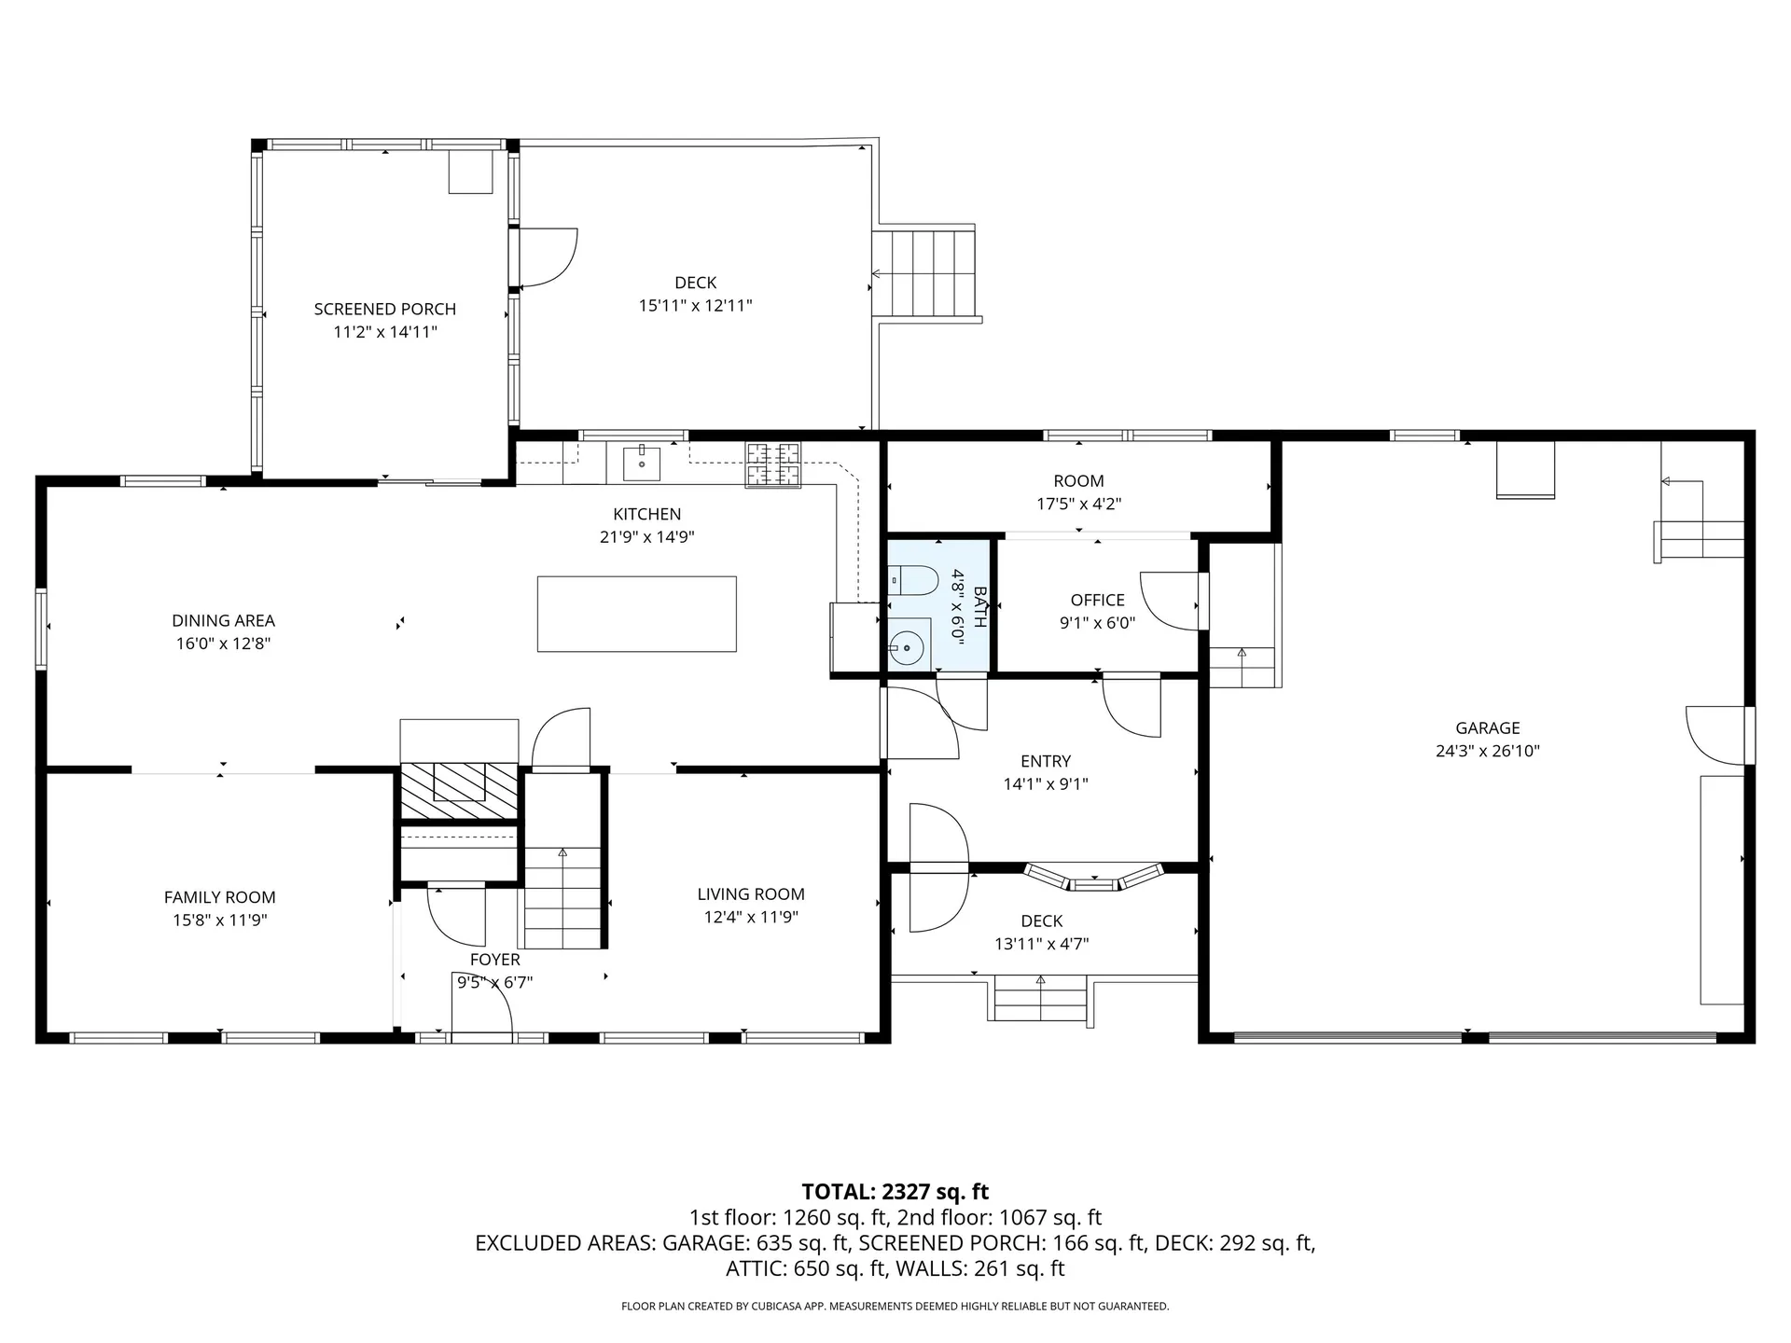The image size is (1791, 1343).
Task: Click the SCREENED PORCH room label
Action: [x=385, y=309]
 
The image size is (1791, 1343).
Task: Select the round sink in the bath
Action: [x=906, y=646]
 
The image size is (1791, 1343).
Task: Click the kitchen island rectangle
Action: [x=637, y=614]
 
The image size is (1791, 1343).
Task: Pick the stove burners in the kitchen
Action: [x=773, y=464]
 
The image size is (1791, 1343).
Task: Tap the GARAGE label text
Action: [x=1488, y=728]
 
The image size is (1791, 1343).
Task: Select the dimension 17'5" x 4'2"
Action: [x=1079, y=505]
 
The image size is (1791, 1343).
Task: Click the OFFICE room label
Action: [x=1098, y=601]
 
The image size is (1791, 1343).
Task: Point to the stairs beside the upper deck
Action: [x=925, y=273]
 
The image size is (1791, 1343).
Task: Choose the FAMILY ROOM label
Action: [x=220, y=897]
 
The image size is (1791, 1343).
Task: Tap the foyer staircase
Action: [x=562, y=897]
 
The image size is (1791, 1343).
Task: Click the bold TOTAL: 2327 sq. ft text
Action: [x=895, y=1192]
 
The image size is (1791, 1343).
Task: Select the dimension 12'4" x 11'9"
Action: [x=751, y=917]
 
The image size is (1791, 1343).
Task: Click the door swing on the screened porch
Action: [x=548, y=257]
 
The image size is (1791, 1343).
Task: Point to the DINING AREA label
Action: [x=224, y=620]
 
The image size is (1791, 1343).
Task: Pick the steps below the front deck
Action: [x=1041, y=999]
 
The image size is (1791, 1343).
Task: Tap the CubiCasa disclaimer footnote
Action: [x=895, y=1307]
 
